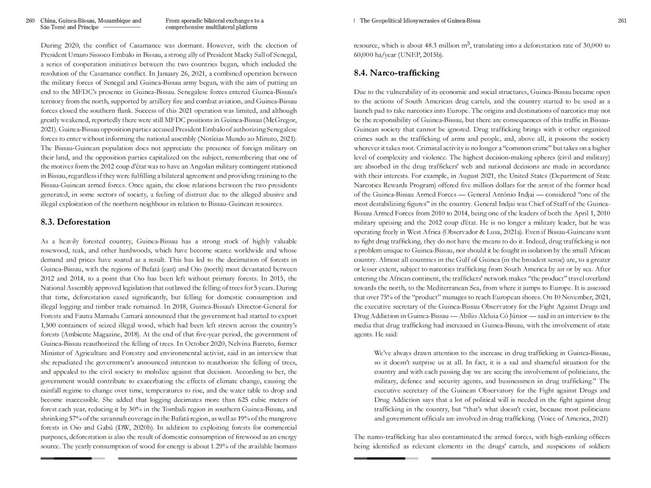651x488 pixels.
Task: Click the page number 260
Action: pyautogui.click(x=30, y=21)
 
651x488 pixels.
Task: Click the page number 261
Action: pyautogui.click(x=622, y=21)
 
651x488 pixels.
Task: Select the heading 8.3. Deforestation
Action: pyautogui.click(x=75, y=222)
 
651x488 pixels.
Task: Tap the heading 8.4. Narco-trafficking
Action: pyautogui.click(x=396, y=73)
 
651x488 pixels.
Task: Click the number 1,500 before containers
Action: pyautogui.click(x=49, y=325)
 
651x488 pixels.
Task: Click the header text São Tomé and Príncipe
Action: pyautogui.click(x=70, y=28)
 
